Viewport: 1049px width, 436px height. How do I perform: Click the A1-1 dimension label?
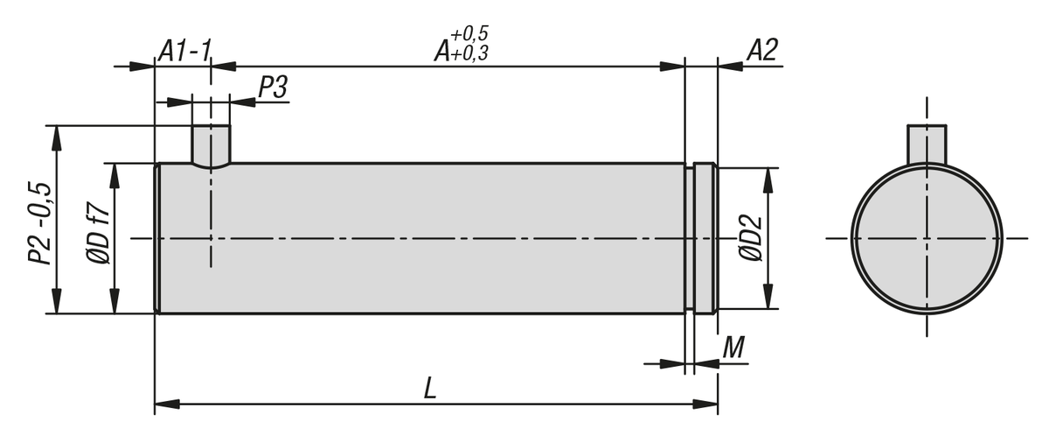pyautogui.click(x=185, y=51)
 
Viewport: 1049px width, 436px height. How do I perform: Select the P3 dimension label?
pyautogui.click(x=273, y=88)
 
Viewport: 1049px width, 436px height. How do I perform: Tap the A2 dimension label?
pyautogui.click(x=762, y=51)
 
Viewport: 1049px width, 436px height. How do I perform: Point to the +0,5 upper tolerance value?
pyautogui.click(x=469, y=33)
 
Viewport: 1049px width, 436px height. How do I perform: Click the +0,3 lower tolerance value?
pyautogui.click(x=469, y=53)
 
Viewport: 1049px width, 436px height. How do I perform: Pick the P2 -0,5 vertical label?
pyautogui.click(x=40, y=223)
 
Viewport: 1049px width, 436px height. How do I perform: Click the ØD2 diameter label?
pyautogui.click(x=751, y=238)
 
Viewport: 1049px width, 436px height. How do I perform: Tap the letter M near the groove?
pyautogui.click(x=733, y=348)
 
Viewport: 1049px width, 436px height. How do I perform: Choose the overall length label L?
pyautogui.click(x=430, y=389)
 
